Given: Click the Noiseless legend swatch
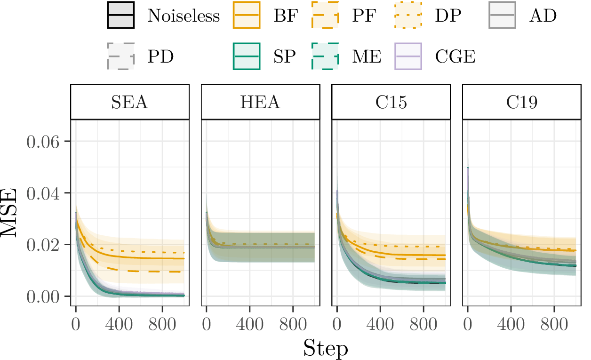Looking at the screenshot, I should [121, 16].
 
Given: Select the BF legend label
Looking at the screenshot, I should [285, 16].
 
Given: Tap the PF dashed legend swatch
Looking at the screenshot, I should [326, 16].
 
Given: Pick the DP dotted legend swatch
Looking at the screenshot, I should [407, 16].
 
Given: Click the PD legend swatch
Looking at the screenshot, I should [121, 56].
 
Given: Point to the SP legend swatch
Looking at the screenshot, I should [247, 56].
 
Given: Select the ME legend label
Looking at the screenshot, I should [367, 56].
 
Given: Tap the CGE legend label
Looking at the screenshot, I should [455, 56].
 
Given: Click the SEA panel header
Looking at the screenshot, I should [130, 102].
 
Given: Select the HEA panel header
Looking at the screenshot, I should [261, 102].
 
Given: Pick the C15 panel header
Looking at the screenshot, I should [391, 102].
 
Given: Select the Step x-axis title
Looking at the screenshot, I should [326, 348].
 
